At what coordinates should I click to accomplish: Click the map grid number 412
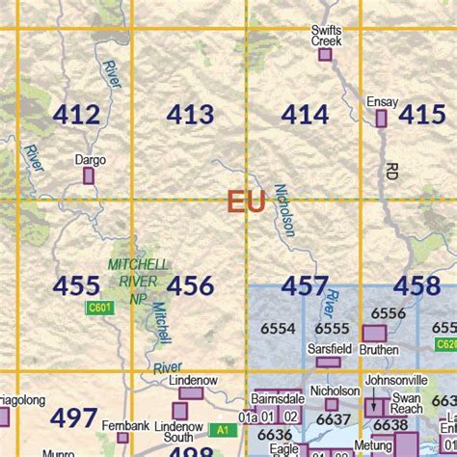[x=76, y=116]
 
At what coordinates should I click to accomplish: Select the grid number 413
[x=190, y=116]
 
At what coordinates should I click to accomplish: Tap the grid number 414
[x=305, y=116]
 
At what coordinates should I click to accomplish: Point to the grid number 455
[x=76, y=286]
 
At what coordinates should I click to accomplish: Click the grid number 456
[x=190, y=286]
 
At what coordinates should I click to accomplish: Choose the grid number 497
[x=73, y=418]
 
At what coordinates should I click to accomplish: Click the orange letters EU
[x=246, y=202]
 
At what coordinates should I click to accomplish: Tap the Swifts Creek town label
[x=326, y=36]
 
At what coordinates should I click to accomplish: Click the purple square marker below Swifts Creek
[x=325, y=55]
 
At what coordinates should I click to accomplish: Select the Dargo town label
[x=89, y=160]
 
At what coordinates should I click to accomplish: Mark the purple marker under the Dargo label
[x=89, y=176]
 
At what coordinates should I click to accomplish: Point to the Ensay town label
[x=382, y=101]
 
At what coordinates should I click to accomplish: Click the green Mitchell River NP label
[x=138, y=281]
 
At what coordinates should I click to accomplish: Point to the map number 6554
[x=278, y=329]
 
